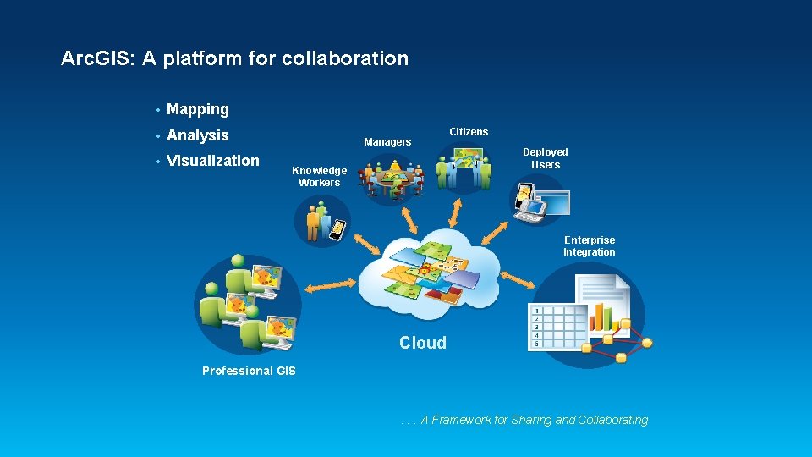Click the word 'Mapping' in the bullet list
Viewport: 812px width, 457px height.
pyautogui.click(x=198, y=109)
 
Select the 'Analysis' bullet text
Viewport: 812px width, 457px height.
pyautogui.click(x=198, y=135)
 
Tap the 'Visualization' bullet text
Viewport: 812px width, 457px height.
pyautogui.click(x=213, y=161)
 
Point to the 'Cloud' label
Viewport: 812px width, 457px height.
pyautogui.click(x=423, y=343)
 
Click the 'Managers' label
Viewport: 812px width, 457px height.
pyautogui.click(x=387, y=142)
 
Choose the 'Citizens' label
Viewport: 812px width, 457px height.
pyautogui.click(x=469, y=132)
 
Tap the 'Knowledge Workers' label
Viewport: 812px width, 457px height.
pyautogui.click(x=319, y=176)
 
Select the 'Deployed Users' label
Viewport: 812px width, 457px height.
pyautogui.click(x=546, y=158)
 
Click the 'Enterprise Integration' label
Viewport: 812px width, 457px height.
pyautogui.click(x=590, y=246)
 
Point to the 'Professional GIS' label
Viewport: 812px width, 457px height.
pyautogui.click(x=250, y=371)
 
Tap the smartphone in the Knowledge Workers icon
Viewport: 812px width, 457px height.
pyautogui.click(x=337, y=229)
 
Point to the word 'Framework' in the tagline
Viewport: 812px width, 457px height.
pyautogui.click(x=461, y=420)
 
